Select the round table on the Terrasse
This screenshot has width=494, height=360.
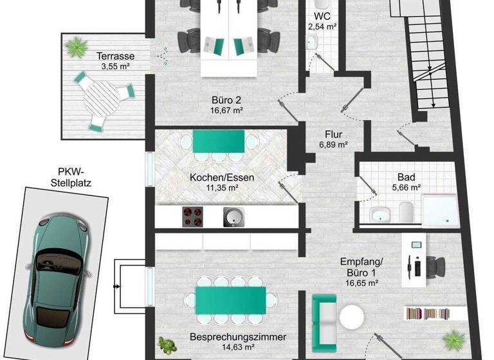tap(102, 101)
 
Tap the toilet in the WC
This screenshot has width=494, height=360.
tap(313, 42)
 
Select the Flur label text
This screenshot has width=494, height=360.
tap(333, 134)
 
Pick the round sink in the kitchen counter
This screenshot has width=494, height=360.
tap(232, 216)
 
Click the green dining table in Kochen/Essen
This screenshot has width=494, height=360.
tap(219, 141)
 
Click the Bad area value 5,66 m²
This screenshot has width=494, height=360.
tap(407, 188)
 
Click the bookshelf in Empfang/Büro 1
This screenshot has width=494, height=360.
tap(435, 313)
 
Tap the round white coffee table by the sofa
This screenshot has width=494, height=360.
tap(351, 318)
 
